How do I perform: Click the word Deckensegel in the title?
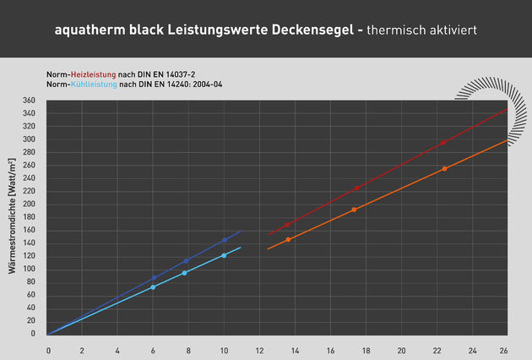tap(313, 30)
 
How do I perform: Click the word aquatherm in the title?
tap(90, 30)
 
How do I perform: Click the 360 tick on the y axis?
tap(29, 101)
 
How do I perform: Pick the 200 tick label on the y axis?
tap(29, 204)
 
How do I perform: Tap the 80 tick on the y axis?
tap(31, 281)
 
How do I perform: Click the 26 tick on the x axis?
tap(504, 351)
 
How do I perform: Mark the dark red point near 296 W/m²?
tap(443, 142)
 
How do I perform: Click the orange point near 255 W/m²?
tap(444, 169)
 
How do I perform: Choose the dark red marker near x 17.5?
tap(356, 188)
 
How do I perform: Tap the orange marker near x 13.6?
tap(288, 240)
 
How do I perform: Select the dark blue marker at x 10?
tap(224, 240)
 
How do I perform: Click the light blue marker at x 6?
tap(153, 287)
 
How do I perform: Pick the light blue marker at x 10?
tap(224, 255)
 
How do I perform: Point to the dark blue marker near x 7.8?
tap(186, 261)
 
